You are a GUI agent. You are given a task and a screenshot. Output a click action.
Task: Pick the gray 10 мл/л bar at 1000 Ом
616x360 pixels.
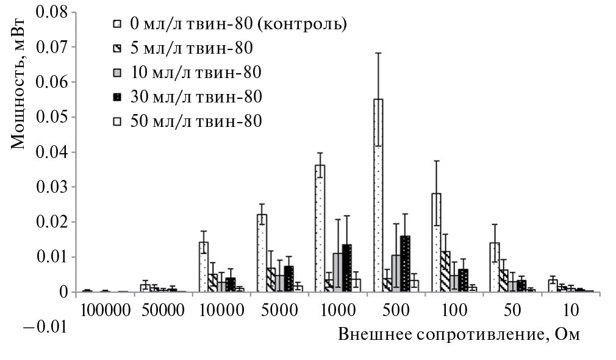click(x=337, y=272)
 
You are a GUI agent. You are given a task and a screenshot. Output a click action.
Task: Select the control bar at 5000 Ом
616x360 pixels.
click(x=262, y=253)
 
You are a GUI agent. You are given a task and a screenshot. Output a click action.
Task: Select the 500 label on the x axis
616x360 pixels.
click(x=395, y=310)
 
